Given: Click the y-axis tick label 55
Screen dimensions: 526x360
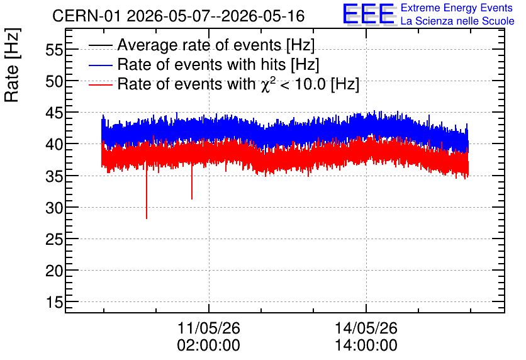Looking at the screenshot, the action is click(x=54, y=50).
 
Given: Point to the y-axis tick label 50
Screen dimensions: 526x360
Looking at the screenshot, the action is click(x=54, y=82).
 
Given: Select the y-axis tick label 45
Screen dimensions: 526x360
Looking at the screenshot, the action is click(x=54, y=113).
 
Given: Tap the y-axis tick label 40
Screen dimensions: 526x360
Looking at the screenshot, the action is click(x=54, y=145).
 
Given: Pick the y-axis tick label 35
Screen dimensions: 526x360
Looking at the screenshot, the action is click(x=54, y=176).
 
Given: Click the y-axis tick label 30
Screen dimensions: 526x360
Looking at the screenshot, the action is click(x=54, y=208).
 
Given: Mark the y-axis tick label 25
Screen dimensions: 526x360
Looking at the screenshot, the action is click(x=54, y=240).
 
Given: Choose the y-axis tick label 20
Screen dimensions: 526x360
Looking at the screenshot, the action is click(x=54, y=271).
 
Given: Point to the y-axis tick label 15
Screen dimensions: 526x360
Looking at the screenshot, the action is click(x=54, y=303).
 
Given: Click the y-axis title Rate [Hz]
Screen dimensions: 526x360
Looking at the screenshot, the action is click(x=12, y=65).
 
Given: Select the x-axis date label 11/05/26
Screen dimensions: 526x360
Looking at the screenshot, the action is click(x=209, y=328).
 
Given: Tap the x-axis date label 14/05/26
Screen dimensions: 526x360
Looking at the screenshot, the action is click(x=366, y=328).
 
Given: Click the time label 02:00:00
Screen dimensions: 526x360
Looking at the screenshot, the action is click(x=209, y=345).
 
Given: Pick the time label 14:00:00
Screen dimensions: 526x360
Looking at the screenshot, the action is click(x=366, y=345).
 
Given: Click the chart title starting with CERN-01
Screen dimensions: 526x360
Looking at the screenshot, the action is click(x=179, y=16).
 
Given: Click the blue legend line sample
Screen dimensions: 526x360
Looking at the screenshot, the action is click(x=100, y=65).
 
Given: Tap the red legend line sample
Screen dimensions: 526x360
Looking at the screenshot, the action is click(x=100, y=84).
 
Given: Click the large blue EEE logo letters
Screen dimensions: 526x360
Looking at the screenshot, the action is click(x=369, y=14).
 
